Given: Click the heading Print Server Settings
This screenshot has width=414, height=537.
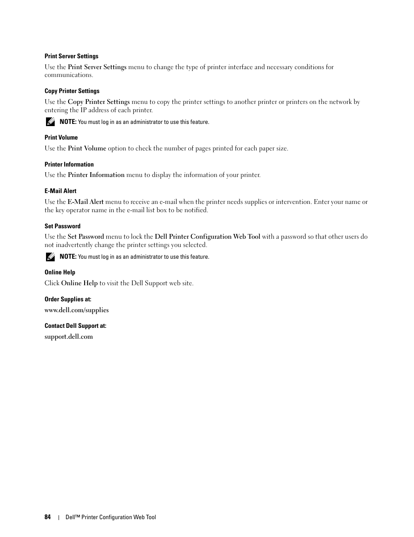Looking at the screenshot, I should (x=71, y=56).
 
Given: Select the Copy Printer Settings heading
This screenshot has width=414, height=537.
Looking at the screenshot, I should (x=72, y=91).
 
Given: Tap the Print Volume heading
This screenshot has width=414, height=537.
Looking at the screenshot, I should (x=61, y=137).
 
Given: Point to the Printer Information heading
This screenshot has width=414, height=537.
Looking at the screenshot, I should (x=69, y=164).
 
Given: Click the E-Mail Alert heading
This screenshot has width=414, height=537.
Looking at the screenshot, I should (x=60, y=191).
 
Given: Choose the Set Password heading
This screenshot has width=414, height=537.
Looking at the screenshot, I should (x=62, y=226).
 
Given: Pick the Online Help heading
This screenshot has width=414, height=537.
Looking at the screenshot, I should (x=60, y=272).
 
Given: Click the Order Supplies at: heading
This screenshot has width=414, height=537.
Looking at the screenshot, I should (x=68, y=299).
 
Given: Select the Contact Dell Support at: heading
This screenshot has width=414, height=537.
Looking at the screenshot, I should (x=76, y=326).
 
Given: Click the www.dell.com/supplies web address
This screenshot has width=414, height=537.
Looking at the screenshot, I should (x=76, y=310).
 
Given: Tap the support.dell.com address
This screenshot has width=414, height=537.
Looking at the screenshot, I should (x=69, y=337).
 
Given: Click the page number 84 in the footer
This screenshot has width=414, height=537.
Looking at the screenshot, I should (x=47, y=517).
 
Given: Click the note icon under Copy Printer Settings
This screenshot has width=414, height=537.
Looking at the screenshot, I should (x=50, y=122).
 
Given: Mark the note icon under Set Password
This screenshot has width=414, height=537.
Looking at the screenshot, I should (x=50, y=257).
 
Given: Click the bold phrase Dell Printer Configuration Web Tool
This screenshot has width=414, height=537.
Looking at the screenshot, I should (x=207, y=237).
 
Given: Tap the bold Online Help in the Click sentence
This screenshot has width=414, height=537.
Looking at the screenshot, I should (x=79, y=283).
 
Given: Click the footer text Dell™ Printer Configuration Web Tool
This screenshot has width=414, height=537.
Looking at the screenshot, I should (x=111, y=517).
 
